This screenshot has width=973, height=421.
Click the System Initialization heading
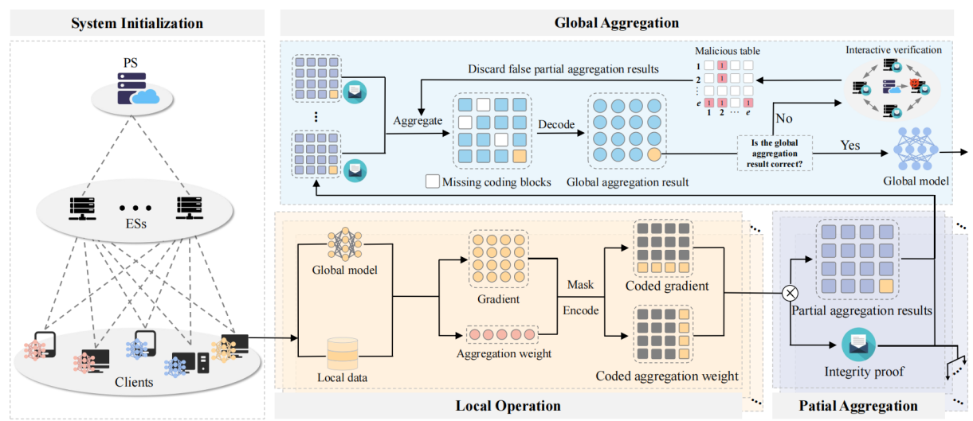137,23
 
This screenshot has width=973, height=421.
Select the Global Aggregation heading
617,23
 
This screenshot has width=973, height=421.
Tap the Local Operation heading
508,406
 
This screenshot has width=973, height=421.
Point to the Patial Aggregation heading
858,406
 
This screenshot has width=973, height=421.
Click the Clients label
134,382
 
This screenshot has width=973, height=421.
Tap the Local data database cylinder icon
343,353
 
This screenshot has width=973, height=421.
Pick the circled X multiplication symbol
791,293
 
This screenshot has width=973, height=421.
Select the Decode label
556,125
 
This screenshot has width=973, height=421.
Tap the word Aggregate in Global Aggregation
418,122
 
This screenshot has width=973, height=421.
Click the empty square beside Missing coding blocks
432,181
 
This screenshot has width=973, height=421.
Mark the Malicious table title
728,51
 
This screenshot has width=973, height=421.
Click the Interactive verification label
893,49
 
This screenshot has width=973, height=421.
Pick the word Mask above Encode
580,284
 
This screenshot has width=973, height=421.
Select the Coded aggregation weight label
667,376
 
